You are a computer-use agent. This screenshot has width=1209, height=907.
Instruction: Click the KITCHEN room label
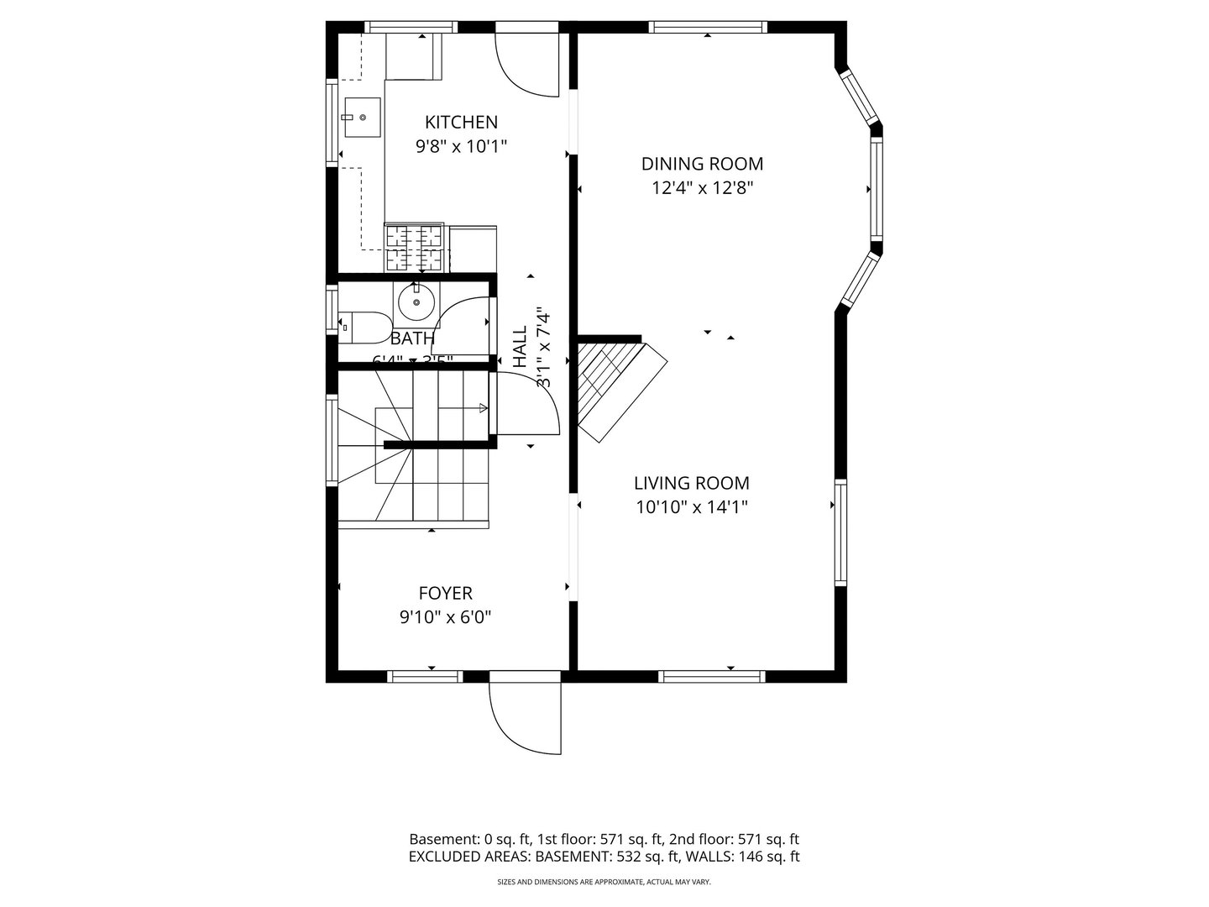[461, 123]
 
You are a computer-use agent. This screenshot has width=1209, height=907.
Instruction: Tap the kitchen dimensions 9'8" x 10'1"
[461, 147]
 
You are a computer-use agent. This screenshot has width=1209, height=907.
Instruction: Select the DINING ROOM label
[702, 164]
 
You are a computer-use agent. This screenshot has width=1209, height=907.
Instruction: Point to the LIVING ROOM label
[691, 483]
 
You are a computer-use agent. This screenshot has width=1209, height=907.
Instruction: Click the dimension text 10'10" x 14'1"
[691, 507]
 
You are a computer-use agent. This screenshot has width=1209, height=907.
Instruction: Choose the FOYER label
[445, 594]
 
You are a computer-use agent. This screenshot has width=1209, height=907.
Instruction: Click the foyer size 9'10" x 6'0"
[445, 618]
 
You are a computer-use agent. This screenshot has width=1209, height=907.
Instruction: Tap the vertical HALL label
[520, 347]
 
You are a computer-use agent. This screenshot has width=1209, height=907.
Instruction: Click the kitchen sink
[362, 117]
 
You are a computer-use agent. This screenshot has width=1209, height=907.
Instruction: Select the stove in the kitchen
[414, 248]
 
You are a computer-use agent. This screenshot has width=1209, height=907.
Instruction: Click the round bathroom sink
[416, 302]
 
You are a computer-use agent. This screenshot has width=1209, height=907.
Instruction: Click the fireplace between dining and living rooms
[617, 386]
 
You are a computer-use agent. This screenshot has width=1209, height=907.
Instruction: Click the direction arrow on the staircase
[483, 408]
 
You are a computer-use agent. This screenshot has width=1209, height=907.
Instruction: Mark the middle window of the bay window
[876, 188]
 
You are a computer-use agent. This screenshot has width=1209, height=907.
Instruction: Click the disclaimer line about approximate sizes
[604, 883]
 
